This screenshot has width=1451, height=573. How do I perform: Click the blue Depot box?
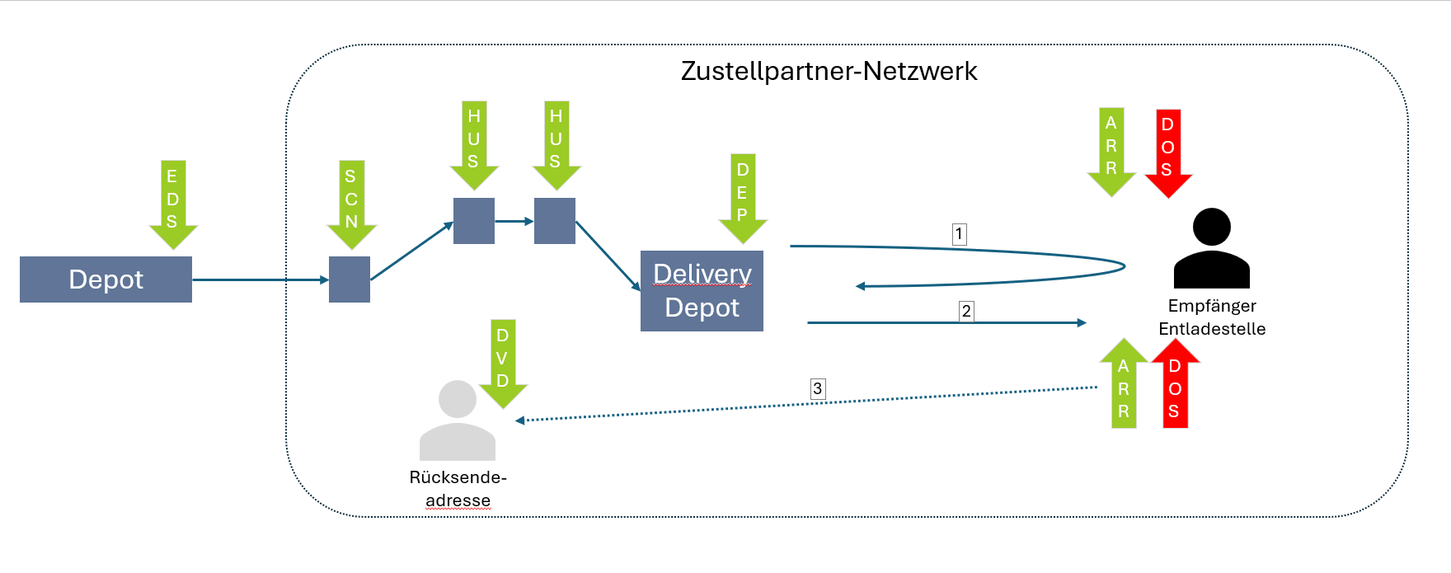coord(106,279)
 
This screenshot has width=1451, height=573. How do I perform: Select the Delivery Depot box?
coord(702,291)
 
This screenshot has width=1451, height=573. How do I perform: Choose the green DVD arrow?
coord(502,363)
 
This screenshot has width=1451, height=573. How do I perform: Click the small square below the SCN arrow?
coord(350,279)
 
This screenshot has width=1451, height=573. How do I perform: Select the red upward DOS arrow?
coord(1175,385)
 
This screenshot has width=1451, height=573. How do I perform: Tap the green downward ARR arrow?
coord(1111,151)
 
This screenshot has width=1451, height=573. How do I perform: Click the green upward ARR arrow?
coord(1124,385)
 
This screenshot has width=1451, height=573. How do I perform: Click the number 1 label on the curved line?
coord(959,234)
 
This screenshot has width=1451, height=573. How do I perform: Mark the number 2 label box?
coord(966,312)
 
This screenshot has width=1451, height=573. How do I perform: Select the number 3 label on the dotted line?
coord(817,388)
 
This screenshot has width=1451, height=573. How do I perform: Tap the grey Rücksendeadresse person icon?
coord(458,420)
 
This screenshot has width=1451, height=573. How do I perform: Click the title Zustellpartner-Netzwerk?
coord(829,72)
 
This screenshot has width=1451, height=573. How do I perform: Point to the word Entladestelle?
coord(1211,329)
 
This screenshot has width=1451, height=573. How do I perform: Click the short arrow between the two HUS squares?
coord(514,221)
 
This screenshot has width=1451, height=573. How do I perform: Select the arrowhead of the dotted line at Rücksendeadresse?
coord(520,420)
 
